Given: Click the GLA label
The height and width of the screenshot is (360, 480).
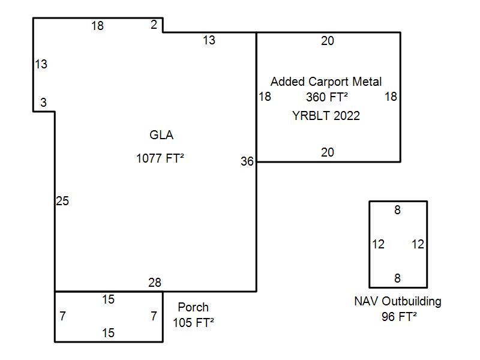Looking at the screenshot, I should pos(161,135).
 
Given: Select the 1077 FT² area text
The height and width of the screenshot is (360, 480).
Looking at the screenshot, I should pos(160,159).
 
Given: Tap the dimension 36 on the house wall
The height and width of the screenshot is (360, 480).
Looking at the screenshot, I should pos(247,161).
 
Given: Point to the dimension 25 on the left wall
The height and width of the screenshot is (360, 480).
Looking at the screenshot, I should pos(62,202).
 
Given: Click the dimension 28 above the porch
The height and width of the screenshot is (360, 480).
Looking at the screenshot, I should pos(154,283).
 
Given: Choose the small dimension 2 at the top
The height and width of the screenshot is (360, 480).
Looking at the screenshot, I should pos(154,25).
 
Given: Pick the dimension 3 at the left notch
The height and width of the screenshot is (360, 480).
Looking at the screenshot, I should pos(43,103).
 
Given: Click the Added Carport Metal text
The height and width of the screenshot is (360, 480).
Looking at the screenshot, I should pos(326,82).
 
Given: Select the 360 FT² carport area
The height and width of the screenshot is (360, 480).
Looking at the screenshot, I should pos(327,97).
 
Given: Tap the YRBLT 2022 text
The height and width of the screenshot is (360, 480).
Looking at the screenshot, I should pos(326,116).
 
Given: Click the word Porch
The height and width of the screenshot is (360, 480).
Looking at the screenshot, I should pos(193,308).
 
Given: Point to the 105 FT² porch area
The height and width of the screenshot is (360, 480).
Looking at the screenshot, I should pos(193,323).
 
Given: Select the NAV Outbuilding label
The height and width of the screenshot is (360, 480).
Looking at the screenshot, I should pos(398,301).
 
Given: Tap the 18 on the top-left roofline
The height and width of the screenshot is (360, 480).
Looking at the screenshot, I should pos(97,26).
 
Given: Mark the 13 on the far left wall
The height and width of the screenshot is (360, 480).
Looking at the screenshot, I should pos(41,64).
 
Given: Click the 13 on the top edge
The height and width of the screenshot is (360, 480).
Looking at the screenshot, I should pos(209,41).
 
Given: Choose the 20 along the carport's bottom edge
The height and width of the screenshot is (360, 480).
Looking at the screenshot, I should pos(327,153).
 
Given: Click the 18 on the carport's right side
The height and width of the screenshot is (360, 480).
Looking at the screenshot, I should pos(391,97).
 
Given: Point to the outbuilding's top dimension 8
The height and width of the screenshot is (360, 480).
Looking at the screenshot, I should pos(397,210).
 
